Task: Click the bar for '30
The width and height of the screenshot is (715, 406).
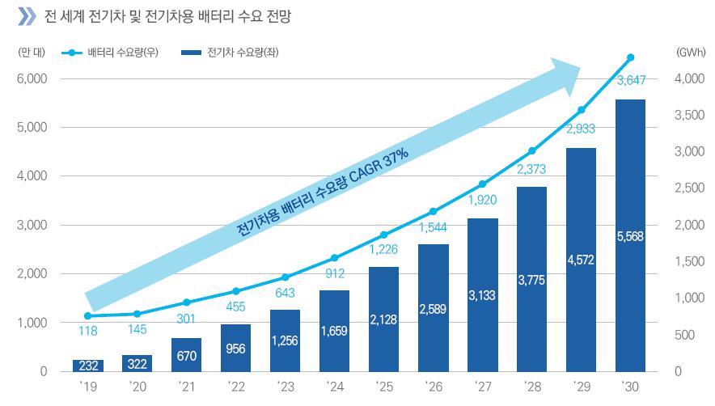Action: tap(631, 235)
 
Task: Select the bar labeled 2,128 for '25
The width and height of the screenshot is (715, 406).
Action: tap(383, 319)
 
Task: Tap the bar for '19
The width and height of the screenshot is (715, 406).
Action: tap(87, 366)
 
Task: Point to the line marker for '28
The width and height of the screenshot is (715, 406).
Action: tap(531, 150)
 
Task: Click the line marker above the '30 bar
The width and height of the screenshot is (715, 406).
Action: tap(631, 57)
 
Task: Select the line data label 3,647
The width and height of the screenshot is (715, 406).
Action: tap(631, 79)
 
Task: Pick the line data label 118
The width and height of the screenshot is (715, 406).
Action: tap(87, 330)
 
